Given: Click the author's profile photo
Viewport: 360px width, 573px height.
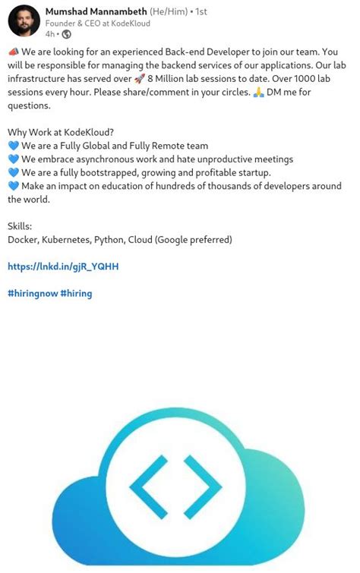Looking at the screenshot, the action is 24,20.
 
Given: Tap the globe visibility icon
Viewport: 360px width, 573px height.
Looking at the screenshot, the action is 66,34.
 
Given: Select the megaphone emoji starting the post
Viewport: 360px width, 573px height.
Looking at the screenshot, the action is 13,52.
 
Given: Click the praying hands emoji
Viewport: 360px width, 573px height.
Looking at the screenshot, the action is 258,92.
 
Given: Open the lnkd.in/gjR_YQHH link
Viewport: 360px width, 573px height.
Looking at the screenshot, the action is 63,266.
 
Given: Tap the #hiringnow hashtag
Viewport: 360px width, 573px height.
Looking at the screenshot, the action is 32,293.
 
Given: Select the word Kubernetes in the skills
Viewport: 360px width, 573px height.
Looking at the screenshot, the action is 66,240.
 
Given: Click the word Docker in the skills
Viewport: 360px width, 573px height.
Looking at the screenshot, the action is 21,240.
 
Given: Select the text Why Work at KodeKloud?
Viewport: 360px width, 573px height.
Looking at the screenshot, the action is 60,132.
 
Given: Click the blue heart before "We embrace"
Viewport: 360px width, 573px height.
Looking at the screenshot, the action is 13,159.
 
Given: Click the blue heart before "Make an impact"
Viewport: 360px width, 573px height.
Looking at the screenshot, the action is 13,186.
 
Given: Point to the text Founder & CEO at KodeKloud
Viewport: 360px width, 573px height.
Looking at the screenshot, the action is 98,23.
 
